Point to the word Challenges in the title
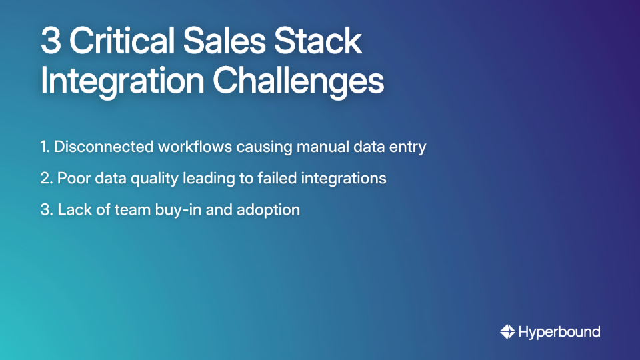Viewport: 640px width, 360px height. click(298, 81)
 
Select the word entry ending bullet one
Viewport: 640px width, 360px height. click(406, 147)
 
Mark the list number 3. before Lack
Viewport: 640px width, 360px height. click(46, 210)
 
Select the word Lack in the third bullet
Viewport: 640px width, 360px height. click(73, 210)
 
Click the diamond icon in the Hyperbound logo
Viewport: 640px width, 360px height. click(507, 332)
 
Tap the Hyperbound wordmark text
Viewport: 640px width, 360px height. click(559, 332)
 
